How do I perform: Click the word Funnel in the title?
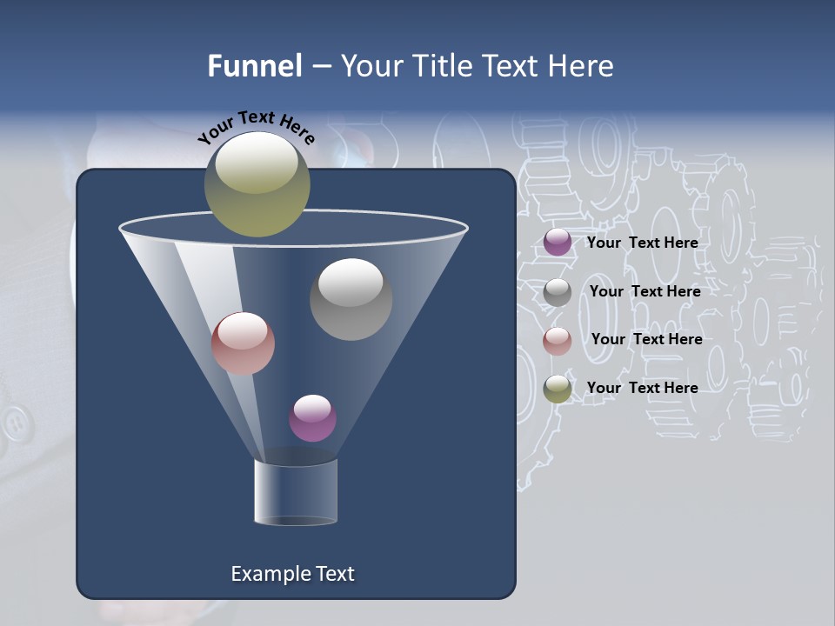click(x=255, y=66)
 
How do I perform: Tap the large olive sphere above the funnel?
click(x=257, y=184)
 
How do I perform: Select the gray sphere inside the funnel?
click(x=351, y=299)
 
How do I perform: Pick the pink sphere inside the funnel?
click(x=243, y=343)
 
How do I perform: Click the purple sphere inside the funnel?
click(x=312, y=418)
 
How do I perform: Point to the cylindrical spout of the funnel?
click(x=296, y=492)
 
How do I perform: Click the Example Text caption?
click(x=292, y=574)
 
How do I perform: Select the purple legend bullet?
click(x=558, y=243)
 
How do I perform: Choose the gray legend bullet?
click(x=558, y=292)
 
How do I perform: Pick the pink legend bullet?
click(x=558, y=341)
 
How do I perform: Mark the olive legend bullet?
click(x=558, y=389)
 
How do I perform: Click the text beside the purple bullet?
click(x=642, y=243)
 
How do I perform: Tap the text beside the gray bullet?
click(x=645, y=291)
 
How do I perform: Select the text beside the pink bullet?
click(x=646, y=339)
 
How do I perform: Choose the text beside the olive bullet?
click(x=642, y=388)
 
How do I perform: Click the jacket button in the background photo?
click(x=15, y=423)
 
